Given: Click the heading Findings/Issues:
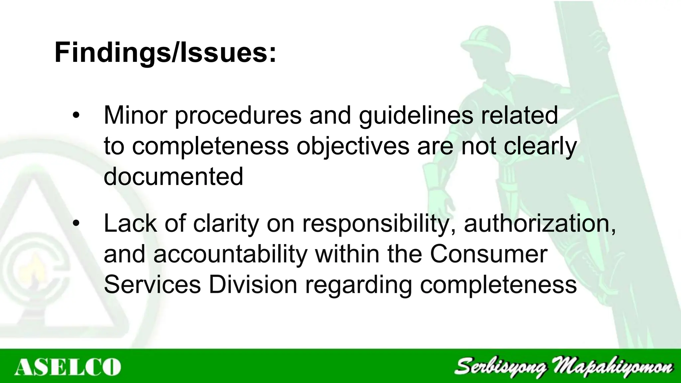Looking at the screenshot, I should coord(165,53).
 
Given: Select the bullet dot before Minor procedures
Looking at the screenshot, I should coord(76,115).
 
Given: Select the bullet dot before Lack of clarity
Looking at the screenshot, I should coord(76,223).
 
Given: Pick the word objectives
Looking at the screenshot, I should coord(353,146).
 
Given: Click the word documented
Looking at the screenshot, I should coord(173,176).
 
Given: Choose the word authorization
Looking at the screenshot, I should coord(539,224).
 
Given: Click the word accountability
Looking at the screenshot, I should coord(230,254).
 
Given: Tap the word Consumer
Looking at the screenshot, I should coord(488,254).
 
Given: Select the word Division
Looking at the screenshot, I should coord(253,285).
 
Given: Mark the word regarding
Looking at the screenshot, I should coord(358,285).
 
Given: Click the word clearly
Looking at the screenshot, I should coord(540,146).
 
